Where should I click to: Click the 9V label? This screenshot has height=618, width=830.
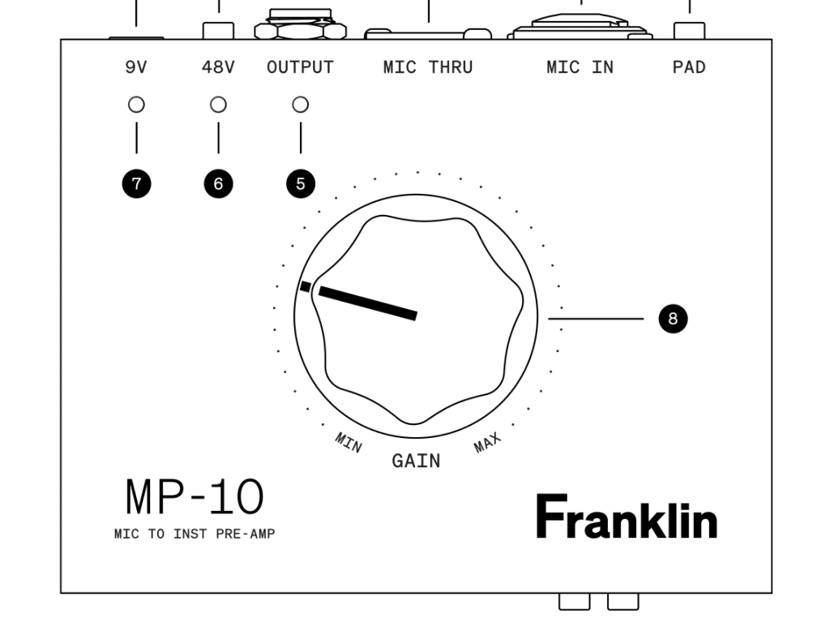pos(136,67)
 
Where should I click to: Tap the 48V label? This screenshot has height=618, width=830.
pos(218,67)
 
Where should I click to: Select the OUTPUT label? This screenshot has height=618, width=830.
pos(300,67)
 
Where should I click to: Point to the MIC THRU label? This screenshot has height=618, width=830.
pos(428,67)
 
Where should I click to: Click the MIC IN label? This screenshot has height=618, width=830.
pos(580,67)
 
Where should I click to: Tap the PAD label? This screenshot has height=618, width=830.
pos(689,67)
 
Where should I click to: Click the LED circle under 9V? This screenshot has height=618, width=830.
pos(136,105)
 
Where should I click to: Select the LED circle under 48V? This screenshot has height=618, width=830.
pos(218,105)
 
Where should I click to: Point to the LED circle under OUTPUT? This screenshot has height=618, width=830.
pos(300,105)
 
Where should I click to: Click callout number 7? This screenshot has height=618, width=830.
pos(136,184)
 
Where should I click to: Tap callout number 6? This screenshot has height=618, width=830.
pos(218,184)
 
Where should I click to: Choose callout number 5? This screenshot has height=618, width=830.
pos(300,184)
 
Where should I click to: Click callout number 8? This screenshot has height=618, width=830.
pos(672,319)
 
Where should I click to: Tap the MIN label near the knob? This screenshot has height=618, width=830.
pos(349,443)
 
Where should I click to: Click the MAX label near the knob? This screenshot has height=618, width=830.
pos(488,443)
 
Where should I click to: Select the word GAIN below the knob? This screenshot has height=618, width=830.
pos(416,461)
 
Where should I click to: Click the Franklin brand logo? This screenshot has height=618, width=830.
pos(627,517)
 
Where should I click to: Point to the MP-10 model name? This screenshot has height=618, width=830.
pos(195,497)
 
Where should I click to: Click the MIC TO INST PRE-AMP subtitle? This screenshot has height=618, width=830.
pos(195,534)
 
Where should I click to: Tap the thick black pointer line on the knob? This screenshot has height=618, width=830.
pos(368,303)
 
